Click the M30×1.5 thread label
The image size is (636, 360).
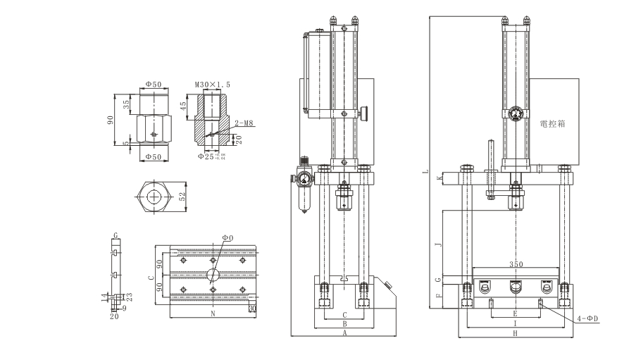(212, 85)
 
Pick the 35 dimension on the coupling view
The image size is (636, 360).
(126, 104)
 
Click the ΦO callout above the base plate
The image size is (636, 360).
(227, 238)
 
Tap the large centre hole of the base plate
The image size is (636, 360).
(211, 274)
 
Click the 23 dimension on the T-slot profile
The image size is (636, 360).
(130, 296)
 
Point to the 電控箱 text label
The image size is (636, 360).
(553, 123)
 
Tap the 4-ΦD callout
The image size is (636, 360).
(587, 318)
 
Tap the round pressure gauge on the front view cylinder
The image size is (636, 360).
(514, 113)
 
